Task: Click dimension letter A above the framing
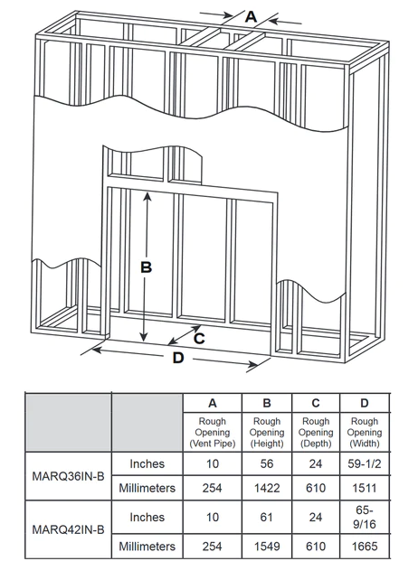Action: (251, 15)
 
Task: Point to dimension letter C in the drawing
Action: (198, 337)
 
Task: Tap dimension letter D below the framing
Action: (177, 359)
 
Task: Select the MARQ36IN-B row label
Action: (68, 477)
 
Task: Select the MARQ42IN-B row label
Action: (68, 530)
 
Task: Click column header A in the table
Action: (212, 403)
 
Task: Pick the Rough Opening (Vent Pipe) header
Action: (212, 433)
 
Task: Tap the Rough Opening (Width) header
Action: (365, 433)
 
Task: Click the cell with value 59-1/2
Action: (365, 464)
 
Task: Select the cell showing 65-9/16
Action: (365, 518)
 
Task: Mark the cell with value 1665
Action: (365, 547)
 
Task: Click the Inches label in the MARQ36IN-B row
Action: (147, 464)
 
